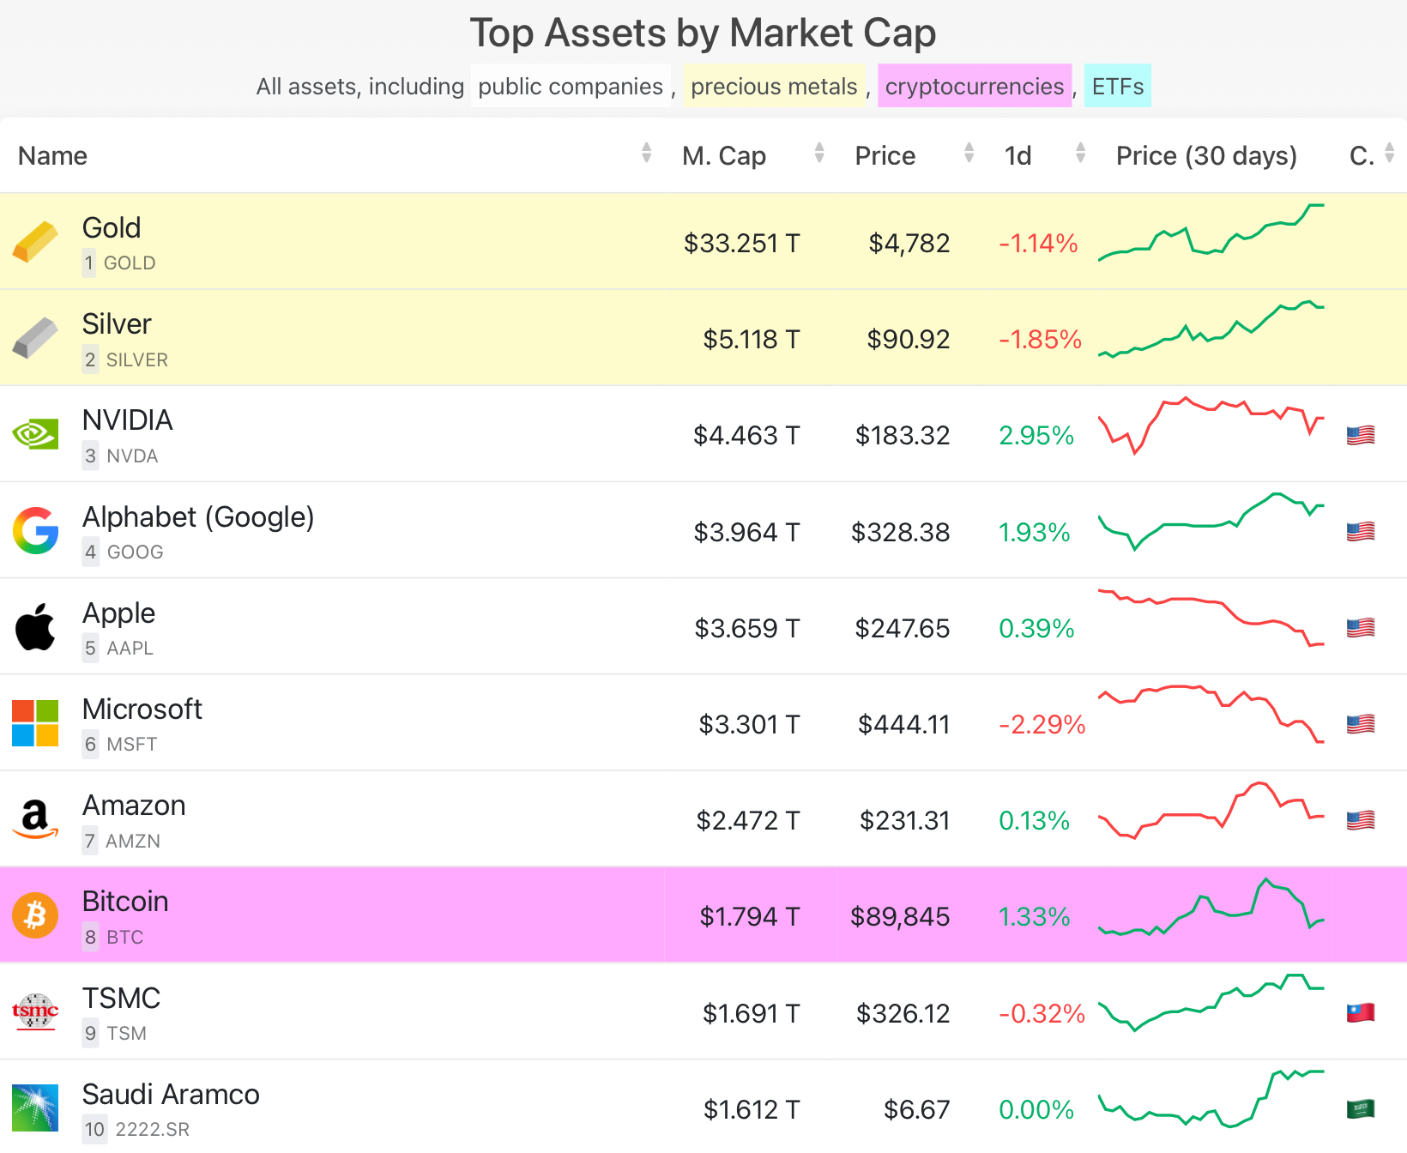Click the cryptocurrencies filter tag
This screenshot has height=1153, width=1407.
975,87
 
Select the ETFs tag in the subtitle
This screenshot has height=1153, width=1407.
1117,87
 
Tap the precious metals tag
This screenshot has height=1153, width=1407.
774,87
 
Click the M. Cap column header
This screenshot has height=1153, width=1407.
723,155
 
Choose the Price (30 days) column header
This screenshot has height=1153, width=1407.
1205,155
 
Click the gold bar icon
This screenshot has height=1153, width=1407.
35,241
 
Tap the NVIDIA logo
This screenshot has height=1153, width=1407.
35,434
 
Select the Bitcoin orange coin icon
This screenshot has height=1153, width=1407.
35,915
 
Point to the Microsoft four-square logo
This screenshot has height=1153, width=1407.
35,723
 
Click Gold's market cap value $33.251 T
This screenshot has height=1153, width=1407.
741,243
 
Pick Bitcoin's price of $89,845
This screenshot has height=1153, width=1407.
899,916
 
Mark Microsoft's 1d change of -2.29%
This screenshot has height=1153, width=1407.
1042,724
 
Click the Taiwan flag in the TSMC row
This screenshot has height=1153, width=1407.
1361,1012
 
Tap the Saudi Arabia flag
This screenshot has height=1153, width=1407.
1361,1108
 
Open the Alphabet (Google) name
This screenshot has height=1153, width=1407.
198,516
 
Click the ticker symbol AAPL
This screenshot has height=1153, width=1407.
130,649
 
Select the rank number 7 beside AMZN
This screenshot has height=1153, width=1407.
90,841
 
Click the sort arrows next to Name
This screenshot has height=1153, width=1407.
646,154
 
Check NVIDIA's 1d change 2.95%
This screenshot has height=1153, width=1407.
1036,435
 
